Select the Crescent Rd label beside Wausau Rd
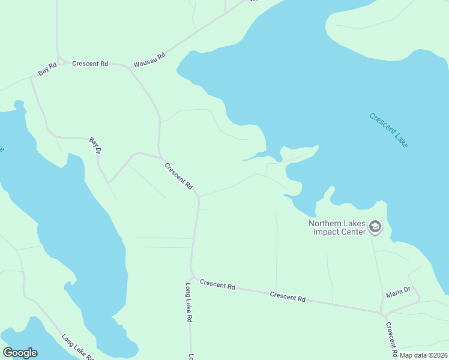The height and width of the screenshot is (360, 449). click(90, 63)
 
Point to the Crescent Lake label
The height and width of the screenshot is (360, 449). click(388, 130)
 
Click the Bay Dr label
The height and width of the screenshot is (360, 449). click(95, 145)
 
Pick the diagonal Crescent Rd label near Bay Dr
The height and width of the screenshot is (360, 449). click(178, 176)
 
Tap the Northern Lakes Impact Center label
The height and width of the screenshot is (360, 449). click(337, 227)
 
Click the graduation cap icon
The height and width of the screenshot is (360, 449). click(375, 226)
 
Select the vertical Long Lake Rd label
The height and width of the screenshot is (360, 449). click(188, 303)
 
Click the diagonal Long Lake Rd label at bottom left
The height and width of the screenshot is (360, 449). click(77, 346)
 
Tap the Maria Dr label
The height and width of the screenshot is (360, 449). click(398, 292)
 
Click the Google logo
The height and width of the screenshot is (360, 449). click(20, 353)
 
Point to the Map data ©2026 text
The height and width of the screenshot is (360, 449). click(423, 355)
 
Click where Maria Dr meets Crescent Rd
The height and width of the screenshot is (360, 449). click(382, 313)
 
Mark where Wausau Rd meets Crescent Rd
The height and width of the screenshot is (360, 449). click(128, 68)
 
